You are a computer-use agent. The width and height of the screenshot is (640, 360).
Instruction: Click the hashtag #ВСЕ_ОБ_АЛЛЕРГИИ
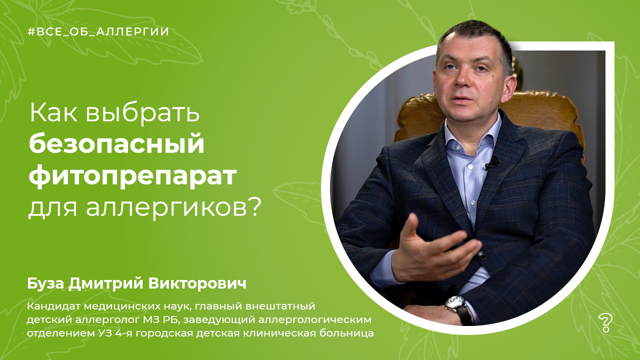tap(98, 32)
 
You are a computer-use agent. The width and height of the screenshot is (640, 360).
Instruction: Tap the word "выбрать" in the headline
tap(142, 113)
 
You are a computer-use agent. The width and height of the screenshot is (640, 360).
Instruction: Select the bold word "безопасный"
tap(116, 144)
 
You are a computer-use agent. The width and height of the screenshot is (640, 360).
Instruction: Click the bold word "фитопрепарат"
tap(132, 176)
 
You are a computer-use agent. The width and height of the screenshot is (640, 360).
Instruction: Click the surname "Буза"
tap(46, 284)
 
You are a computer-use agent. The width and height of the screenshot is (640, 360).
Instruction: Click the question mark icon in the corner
tap(604, 323)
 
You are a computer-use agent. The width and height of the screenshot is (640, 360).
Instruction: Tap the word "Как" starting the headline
tap(53, 113)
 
